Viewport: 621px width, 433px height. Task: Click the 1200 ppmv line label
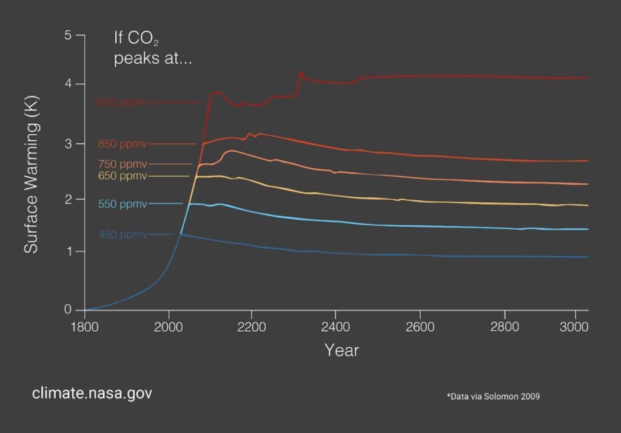point(120,103)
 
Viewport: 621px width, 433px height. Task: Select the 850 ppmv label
point(123,144)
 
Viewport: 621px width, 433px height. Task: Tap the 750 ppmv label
point(123,164)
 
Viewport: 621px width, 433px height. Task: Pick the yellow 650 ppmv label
point(123,176)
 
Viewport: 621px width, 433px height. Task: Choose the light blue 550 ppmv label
point(123,204)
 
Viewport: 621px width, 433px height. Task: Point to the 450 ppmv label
point(123,234)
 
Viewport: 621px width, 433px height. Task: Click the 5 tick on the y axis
point(68,36)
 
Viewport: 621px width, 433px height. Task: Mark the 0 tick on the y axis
point(68,310)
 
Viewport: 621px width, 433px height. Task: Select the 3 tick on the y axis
point(68,144)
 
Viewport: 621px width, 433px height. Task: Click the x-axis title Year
point(341,350)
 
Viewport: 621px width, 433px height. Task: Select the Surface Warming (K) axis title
point(32,174)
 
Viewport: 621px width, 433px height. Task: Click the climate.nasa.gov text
point(92,394)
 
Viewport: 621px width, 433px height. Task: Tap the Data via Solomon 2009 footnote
point(493,397)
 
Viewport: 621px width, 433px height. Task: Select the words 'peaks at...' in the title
point(152,60)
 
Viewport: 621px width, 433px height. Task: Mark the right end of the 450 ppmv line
point(586,257)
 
